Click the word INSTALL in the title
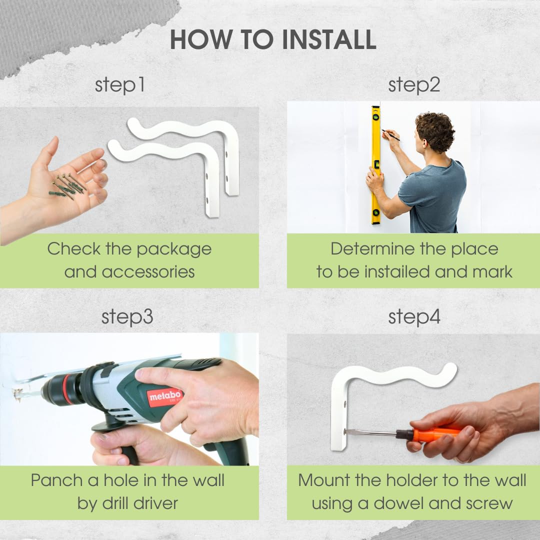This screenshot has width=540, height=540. pyautogui.click(x=329, y=39)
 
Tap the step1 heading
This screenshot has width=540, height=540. pyautogui.click(x=119, y=85)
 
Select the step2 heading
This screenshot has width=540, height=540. pyautogui.click(x=414, y=85)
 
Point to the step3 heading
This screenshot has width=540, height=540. pyautogui.click(x=127, y=317)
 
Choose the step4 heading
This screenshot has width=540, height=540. pyautogui.click(x=414, y=317)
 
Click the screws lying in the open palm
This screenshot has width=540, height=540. pyautogui.click(x=67, y=186)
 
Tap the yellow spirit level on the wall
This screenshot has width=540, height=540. pyautogui.click(x=375, y=165)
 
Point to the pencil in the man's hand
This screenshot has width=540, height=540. pyautogui.click(x=390, y=135)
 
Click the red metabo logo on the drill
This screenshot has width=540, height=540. pyautogui.click(x=165, y=396)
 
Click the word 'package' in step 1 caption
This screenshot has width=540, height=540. pyautogui.click(x=174, y=250)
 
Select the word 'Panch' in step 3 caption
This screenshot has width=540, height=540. pyautogui.click(x=56, y=480)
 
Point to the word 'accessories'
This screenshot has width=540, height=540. pyautogui.click(x=148, y=272)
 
